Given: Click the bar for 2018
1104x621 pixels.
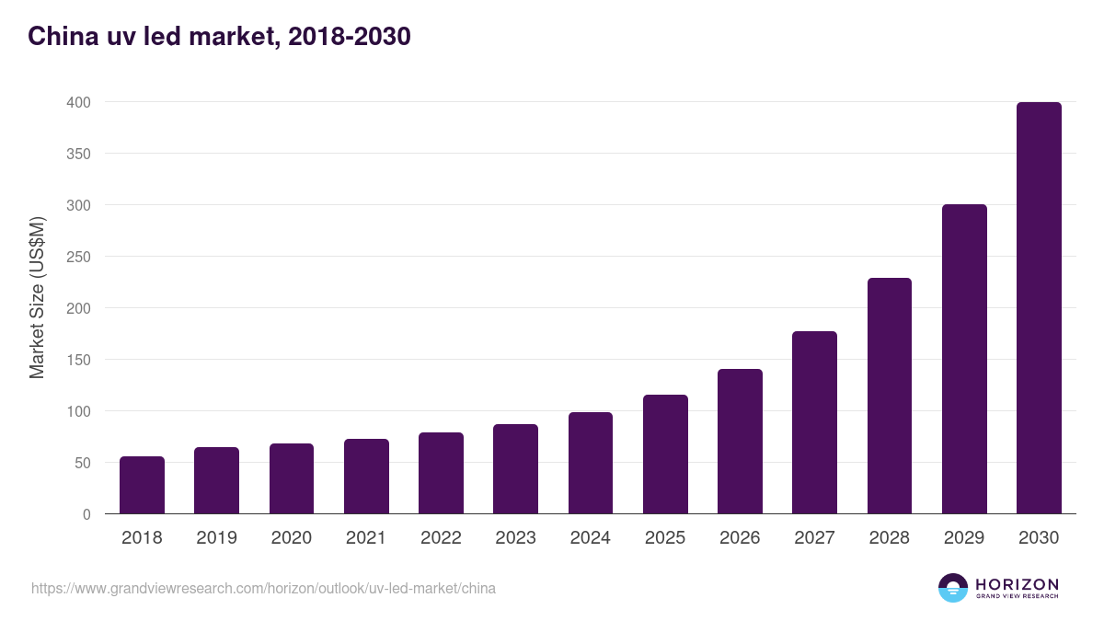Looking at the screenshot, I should click(142, 485).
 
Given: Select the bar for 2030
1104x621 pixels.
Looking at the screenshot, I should click(1039, 308).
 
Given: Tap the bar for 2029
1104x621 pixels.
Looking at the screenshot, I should click(964, 359).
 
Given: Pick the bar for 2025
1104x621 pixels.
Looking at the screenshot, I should click(665, 454).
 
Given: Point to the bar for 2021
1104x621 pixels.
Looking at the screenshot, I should click(366, 477).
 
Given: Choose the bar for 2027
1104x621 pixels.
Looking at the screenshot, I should click(814, 422).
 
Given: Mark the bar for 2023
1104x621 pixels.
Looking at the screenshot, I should click(515, 469).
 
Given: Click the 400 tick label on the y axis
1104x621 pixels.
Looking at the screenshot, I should click(78, 102).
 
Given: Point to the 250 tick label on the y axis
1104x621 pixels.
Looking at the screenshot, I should click(78, 257).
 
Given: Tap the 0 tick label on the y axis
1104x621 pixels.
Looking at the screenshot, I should click(86, 514).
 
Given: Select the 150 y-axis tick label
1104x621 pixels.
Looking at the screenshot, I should click(78, 360).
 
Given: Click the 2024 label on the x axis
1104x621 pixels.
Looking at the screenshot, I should click(591, 538).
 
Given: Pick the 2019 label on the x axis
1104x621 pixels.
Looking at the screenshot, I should click(216, 538).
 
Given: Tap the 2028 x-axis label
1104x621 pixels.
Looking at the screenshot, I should click(890, 538).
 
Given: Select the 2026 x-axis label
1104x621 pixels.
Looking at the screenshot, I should click(740, 538).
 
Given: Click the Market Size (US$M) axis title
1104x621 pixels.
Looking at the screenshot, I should click(37, 297).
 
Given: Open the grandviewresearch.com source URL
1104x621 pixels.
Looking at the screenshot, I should click(263, 588).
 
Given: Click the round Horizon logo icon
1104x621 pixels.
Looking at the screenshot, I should click(953, 588).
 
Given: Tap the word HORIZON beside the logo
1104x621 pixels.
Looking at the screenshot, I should click(1017, 584).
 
